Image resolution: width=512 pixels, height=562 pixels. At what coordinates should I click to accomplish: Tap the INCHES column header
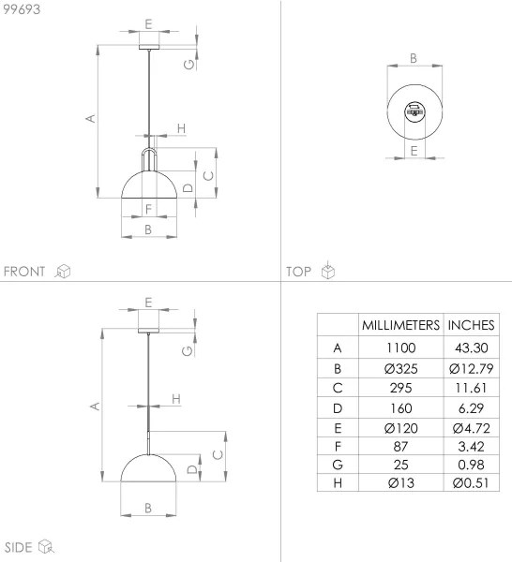[472, 325]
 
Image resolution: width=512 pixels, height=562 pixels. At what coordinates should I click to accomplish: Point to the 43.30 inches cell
[472, 348]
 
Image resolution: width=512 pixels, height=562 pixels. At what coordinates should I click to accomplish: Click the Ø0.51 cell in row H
[472, 482]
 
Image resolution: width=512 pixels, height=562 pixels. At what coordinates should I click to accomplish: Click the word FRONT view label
[24, 272]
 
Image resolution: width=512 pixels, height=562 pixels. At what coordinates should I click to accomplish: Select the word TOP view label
[299, 272]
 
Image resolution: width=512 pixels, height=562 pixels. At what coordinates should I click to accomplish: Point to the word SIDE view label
[19, 547]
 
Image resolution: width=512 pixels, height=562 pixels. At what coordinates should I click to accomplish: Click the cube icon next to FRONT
[64, 272]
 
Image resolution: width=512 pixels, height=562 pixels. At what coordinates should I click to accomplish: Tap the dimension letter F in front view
[148, 208]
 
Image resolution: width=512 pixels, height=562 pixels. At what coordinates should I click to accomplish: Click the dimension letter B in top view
[414, 59]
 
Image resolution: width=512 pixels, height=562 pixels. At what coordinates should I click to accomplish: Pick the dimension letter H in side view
[175, 400]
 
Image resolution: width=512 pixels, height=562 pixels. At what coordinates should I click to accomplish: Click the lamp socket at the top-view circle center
[413, 112]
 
